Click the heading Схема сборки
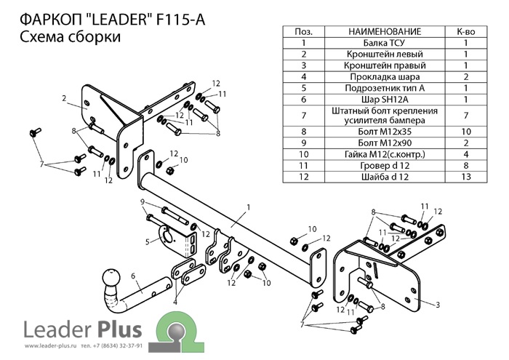[x=67, y=38]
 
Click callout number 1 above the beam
[x=248, y=207]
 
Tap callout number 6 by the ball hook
[x=133, y=275]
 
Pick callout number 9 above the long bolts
[x=143, y=201]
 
